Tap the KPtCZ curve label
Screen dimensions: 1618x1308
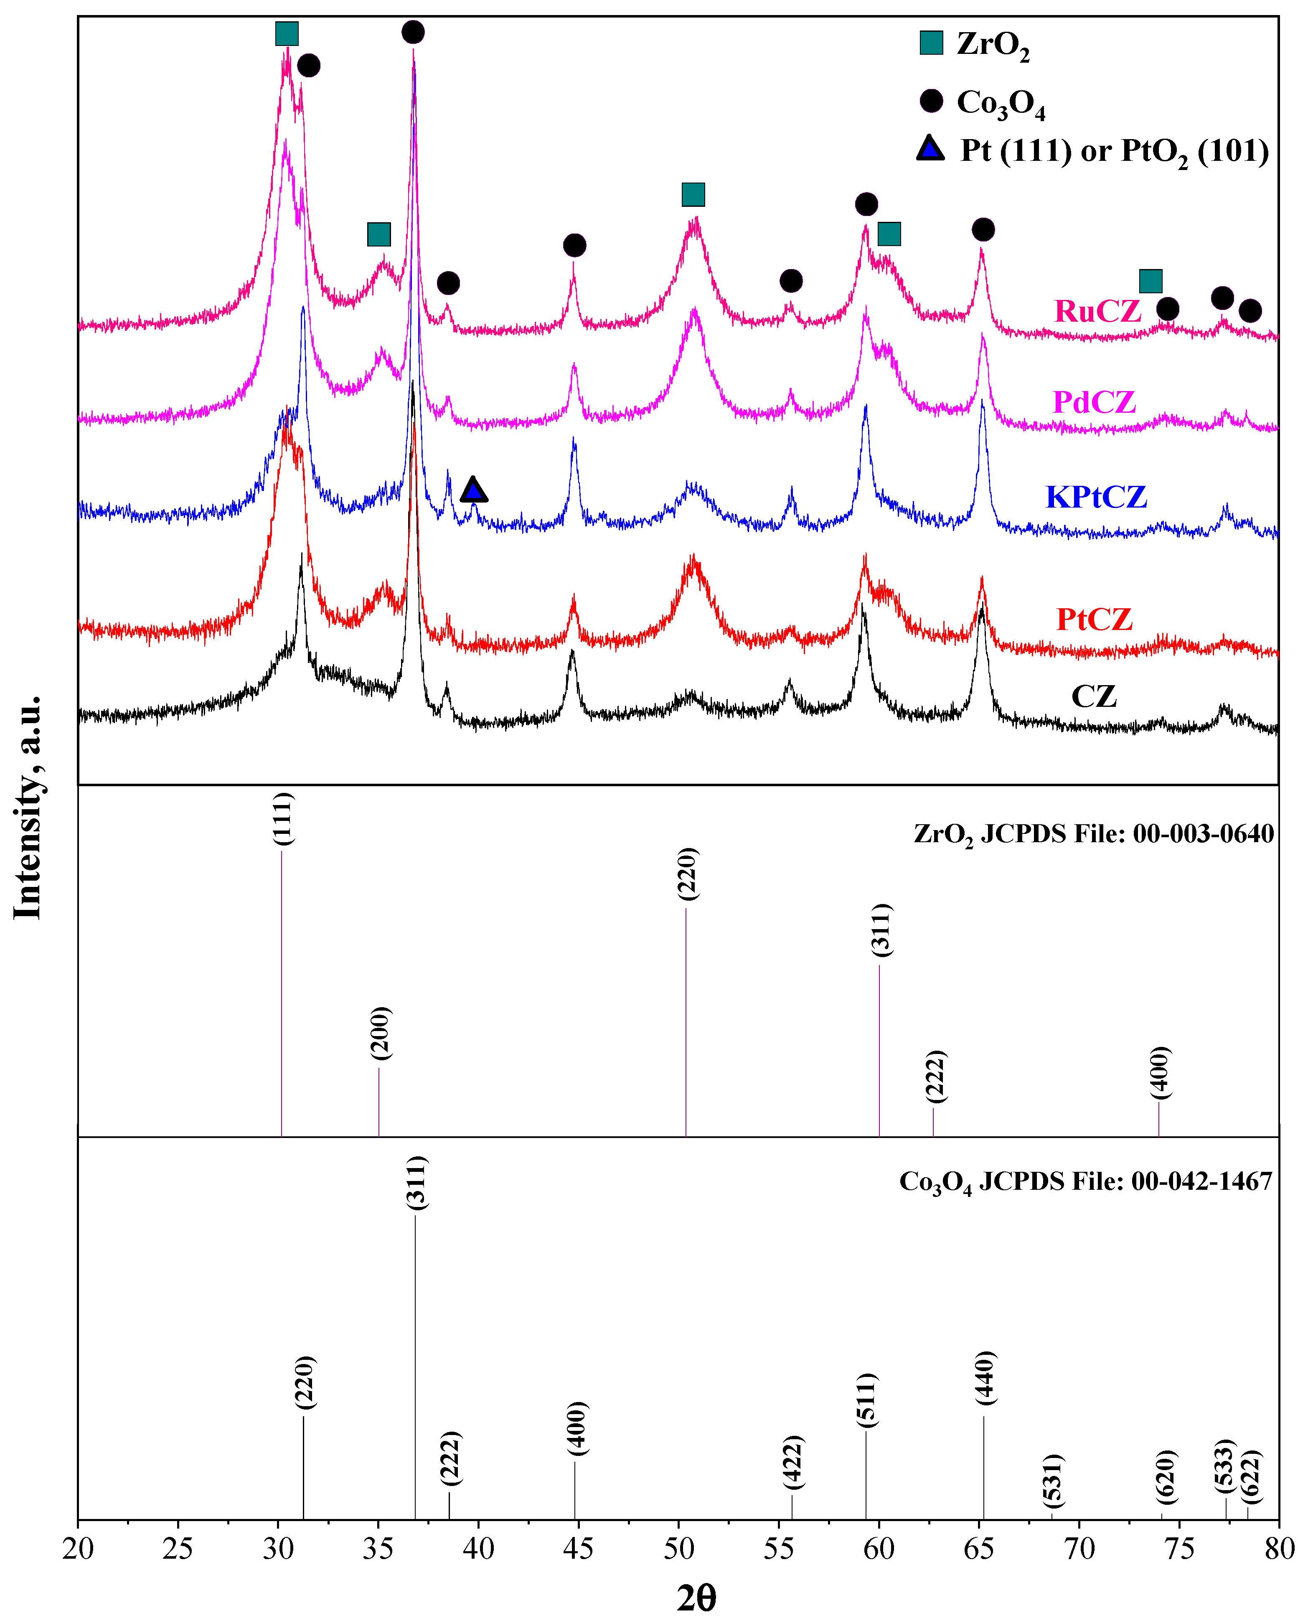1096,497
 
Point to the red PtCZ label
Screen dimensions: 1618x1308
1094,619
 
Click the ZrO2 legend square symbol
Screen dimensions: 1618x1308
931,43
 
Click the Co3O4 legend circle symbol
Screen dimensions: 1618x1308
931,101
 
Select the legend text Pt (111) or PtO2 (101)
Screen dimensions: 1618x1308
1114,151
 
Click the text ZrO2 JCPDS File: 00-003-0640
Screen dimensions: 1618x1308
1093,834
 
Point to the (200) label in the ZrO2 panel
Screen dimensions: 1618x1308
381,1033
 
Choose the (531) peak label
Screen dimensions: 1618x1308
1053,1481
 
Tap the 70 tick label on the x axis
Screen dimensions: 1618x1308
1079,1549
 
